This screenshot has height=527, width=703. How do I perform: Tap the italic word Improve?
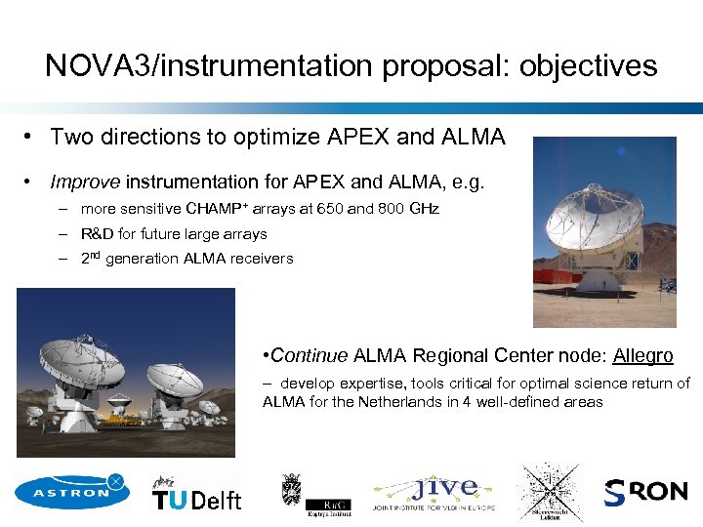pyautogui.click(x=85, y=182)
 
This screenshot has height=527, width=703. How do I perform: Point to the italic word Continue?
pyautogui.click(x=310, y=356)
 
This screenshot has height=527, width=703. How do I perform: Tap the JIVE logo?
pyautogui.click(x=434, y=493)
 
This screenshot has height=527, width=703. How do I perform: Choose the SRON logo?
pyautogui.click(x=645, y=492)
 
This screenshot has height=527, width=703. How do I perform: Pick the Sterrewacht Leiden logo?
pyautogui.click(x=550, y=493)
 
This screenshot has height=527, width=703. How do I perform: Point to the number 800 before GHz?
pyautogui.click(x=393, y=209)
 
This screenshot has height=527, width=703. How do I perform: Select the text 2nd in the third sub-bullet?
pyautogui.click(x=92, y=258)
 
